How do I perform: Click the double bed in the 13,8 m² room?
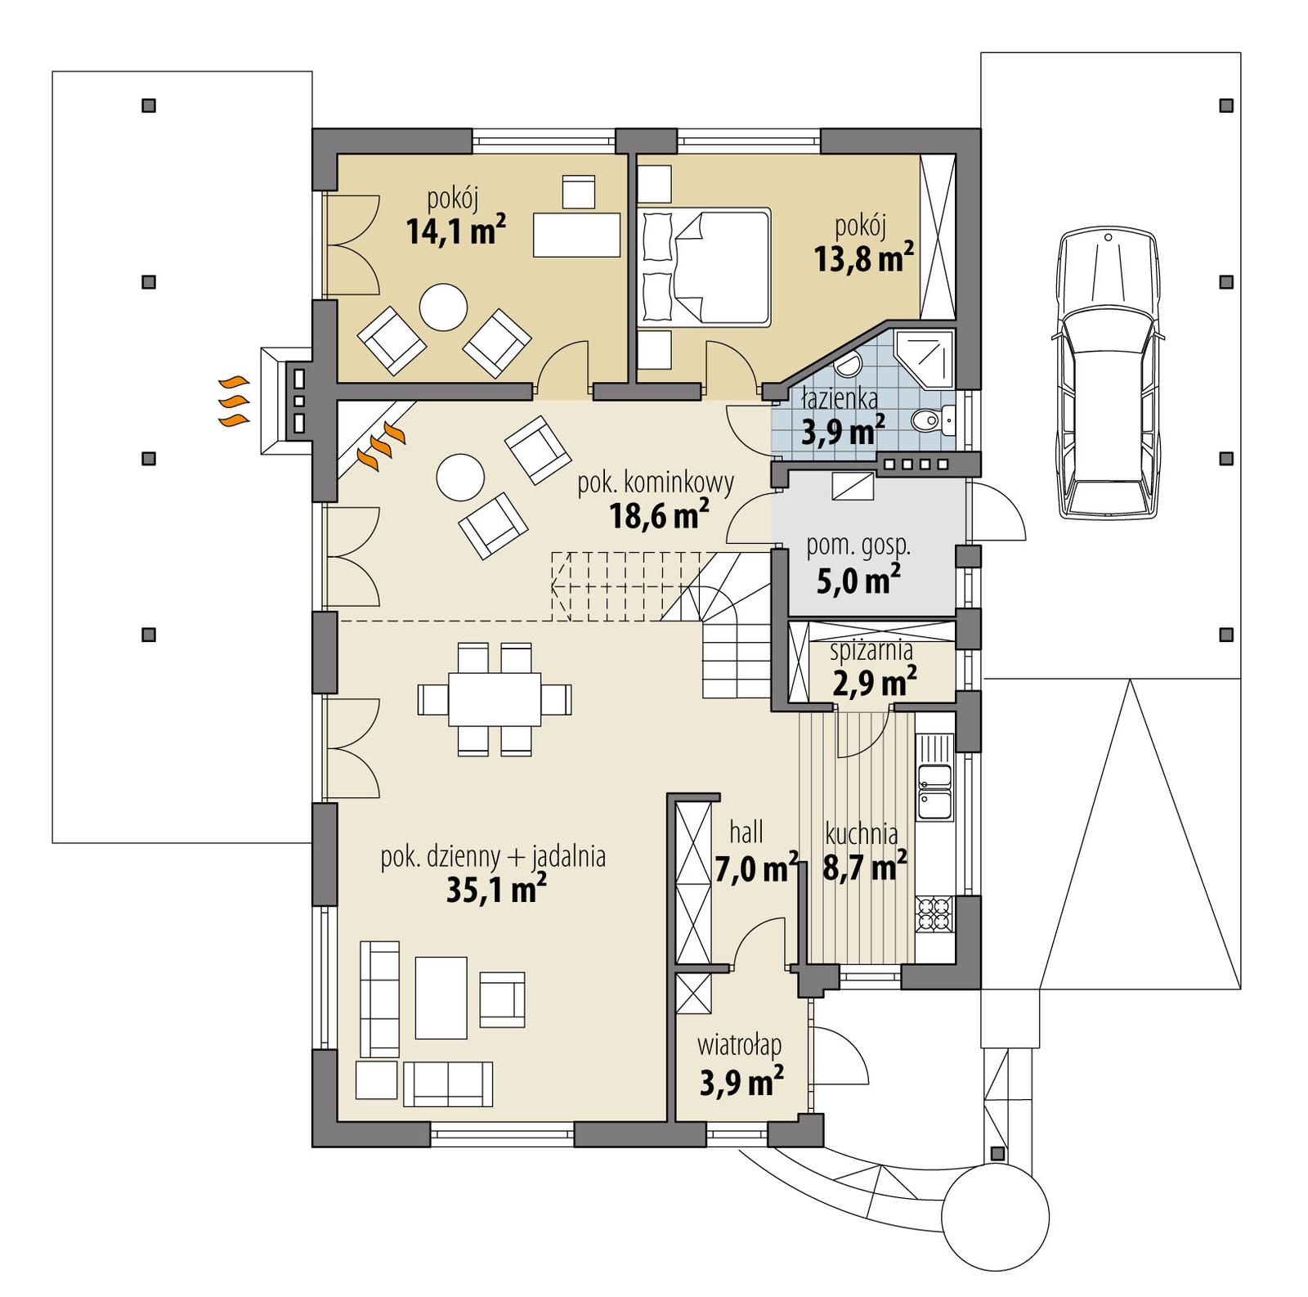(x=708, y=267)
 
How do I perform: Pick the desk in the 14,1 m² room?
(x=576, y=235)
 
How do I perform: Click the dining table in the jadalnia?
(x=494, y=699)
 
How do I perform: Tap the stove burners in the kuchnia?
(x=934, y=914)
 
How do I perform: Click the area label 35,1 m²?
(x=496, y=890)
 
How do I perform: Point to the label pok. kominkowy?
(x=656, y=483)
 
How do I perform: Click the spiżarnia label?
(x=871, y=651)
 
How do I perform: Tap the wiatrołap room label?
(x=739, y=1045)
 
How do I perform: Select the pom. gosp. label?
(x=858, y=546)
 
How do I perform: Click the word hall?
(x=746, y=833)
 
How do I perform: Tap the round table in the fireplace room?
(x=461, y=477)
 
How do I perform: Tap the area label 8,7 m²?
(x=864, y=867)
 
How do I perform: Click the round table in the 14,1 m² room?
(x=443, y=307)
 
